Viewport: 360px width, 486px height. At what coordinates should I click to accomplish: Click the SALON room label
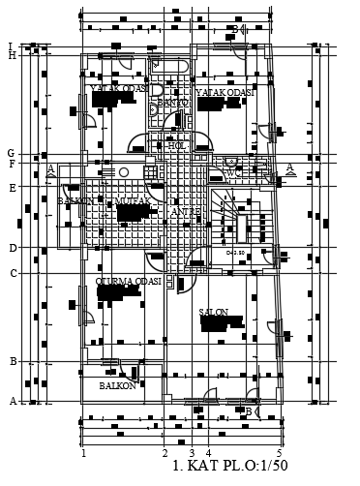coord(214,313)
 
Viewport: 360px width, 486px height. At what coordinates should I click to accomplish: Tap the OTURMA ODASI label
coord(128,281)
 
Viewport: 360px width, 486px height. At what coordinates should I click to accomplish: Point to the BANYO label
coord(172,102)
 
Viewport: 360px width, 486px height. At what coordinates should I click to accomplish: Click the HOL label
coord(175,146)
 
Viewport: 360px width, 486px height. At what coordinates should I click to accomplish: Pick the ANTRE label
coord(185,211)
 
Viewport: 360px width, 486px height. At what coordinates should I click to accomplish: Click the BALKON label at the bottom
coord(117,385)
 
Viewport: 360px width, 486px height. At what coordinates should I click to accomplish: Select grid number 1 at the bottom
coord(84,453)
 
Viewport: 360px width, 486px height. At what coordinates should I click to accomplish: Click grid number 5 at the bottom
coord(279,453)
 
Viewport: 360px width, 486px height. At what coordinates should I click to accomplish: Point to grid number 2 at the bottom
coord(165,453)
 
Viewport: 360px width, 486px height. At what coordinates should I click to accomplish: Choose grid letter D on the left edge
coord(13,249)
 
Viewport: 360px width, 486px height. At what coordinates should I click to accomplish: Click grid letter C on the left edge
coord(13,273)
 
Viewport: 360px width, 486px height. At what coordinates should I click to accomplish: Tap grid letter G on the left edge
coord(11,154)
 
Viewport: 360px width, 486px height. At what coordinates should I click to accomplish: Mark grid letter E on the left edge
coord(13,188)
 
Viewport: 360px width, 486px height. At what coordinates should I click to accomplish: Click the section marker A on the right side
coord(288,167)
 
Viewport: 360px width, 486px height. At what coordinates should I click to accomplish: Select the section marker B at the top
coord(234,29)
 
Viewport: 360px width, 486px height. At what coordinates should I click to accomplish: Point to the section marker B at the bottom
coord(248,411)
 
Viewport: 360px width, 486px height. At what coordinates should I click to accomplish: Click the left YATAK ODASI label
coord(119,88)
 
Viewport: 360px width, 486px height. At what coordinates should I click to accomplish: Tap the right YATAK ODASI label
coord(225,93)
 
